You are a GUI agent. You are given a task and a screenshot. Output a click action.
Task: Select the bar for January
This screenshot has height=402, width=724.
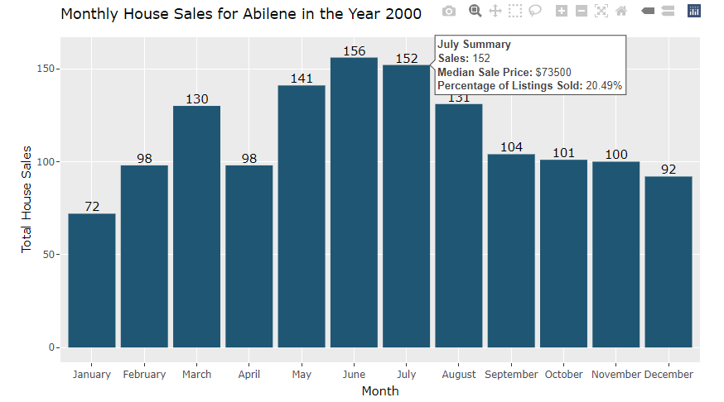(92, 280)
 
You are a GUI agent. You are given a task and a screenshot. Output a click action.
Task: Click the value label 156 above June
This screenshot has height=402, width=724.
(354, 51)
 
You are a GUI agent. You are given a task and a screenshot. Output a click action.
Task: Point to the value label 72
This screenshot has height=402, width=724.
(92, 207)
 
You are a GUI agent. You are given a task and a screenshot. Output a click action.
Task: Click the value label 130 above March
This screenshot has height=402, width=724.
(196, 99)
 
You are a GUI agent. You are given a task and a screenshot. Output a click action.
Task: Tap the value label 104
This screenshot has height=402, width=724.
(511, 147)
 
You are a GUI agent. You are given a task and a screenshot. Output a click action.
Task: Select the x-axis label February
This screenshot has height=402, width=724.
(144, 375)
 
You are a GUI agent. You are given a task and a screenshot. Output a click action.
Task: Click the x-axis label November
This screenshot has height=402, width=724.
(615, 375)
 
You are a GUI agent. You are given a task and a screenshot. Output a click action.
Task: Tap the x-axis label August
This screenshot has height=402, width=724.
(459, 375)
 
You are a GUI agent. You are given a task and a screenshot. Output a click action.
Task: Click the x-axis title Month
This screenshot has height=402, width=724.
(379, 391)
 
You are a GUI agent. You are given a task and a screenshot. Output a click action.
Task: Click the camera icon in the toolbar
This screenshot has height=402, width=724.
(448, 11)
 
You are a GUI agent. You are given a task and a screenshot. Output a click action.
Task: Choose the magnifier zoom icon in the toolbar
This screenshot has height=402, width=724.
(475, 11)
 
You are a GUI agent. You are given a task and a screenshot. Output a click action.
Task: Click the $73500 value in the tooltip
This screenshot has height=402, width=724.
(553, 73)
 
